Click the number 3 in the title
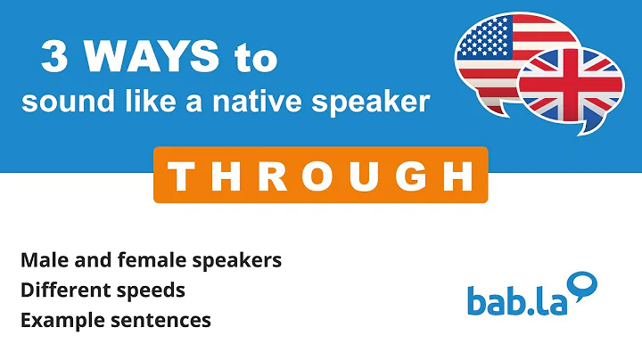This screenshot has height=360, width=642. click(54, 60)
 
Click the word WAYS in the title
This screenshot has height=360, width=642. click(151, 60)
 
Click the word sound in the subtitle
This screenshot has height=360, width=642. click(54, 102)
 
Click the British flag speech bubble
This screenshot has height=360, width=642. click(570, 86)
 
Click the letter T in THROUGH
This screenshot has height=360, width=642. click(181, 176)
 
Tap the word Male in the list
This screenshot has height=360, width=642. click(42, 260)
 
